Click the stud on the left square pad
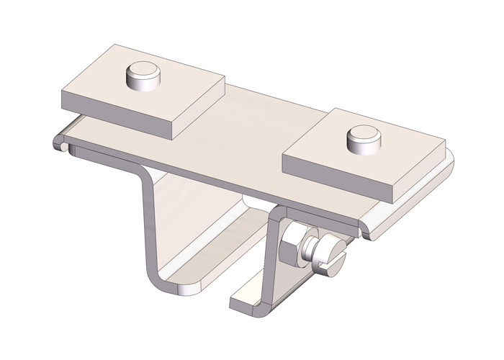click(141, 76)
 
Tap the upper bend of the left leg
click(143, 173)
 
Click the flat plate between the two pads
click(245, 137)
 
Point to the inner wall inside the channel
click(209, 216)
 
